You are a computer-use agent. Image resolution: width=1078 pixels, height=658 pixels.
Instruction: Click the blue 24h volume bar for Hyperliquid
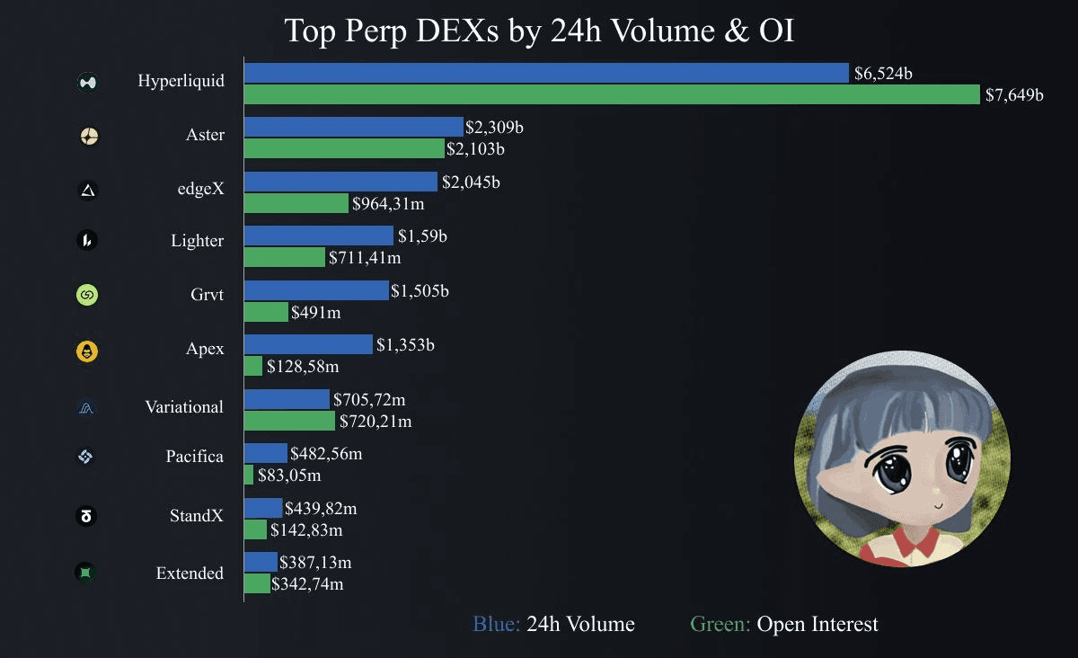point(546,73)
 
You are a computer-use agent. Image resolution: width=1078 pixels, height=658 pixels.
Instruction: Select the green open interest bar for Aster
point(344,148)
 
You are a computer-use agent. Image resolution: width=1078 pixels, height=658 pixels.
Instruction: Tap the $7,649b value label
point(1014,94)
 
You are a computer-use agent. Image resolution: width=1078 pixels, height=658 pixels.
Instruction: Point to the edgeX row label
point(200,189)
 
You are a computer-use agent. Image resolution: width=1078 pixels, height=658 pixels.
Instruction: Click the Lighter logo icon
point(88,241)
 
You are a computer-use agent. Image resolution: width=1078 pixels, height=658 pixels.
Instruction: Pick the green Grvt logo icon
point(88,295)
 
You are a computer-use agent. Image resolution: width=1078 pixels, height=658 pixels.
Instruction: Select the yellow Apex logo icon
point(88,351)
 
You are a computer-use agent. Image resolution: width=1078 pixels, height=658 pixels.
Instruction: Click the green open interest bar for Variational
point(289,420)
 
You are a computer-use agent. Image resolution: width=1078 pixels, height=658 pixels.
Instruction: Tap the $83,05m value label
point(289,475)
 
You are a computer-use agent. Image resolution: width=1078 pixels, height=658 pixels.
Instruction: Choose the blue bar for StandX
point(263,508)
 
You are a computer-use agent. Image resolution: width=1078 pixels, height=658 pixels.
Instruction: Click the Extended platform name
point(190,573)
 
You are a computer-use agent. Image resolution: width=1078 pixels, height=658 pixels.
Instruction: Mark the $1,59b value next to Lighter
point(422,236)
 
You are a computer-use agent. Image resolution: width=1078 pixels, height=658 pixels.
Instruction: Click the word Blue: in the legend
point(496,624)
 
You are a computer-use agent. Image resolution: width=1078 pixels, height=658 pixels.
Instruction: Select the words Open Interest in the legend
point(817,624)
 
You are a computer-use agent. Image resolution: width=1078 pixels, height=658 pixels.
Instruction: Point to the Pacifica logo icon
point(86,458)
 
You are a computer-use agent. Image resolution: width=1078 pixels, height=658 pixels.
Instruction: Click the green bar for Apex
point(253,366)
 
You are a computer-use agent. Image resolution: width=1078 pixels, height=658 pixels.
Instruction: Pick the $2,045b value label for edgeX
point(471,182)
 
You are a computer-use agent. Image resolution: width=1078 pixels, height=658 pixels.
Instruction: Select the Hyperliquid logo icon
point(88,83)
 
